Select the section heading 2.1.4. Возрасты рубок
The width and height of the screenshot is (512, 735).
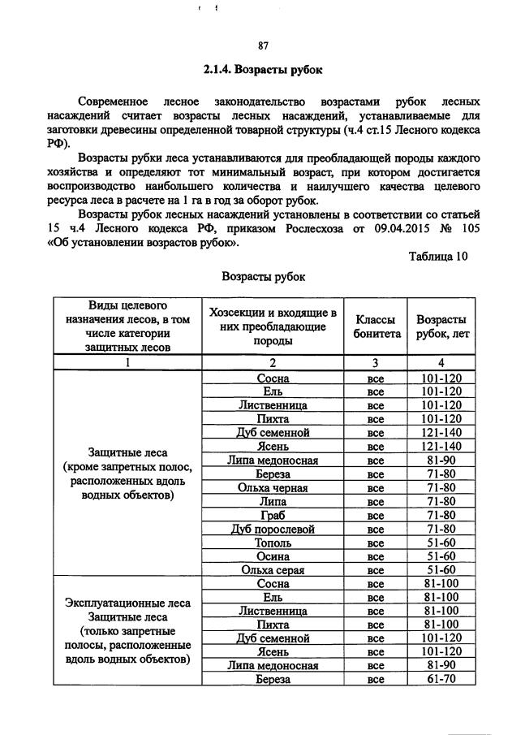coord(263,70)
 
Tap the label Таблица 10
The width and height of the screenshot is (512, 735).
coord(438,257)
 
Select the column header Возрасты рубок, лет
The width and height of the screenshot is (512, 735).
coord(441,326)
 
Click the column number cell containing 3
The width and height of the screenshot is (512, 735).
coord(375,362)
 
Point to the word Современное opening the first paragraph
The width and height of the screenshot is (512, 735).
coord(113,102)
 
